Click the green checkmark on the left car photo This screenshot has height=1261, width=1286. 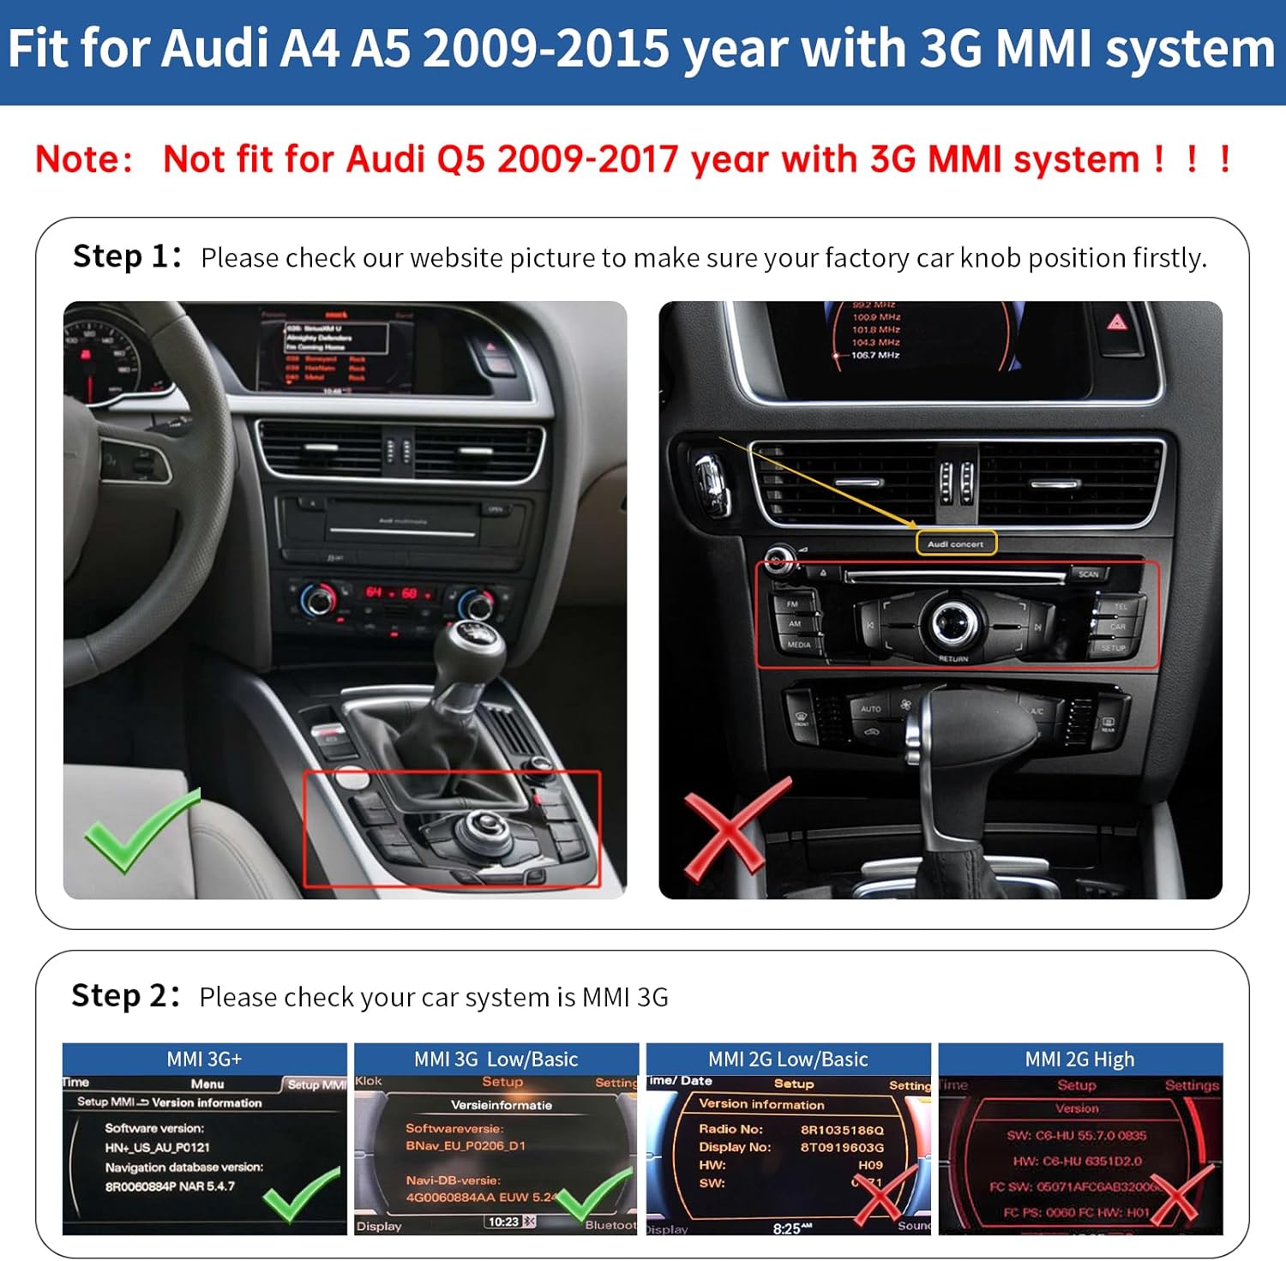[137, 830]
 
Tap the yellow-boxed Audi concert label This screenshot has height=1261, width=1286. [956, 543]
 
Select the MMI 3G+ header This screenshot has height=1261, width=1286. [204, 1060]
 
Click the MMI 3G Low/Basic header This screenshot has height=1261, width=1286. [496, 1060]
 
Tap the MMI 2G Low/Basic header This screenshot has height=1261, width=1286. [788, 1060]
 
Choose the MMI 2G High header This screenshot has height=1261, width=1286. [1079, 1060]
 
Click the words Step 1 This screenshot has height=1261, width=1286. [127, 256]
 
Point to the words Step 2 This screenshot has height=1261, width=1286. [125, 996]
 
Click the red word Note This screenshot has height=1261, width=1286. [84, 159]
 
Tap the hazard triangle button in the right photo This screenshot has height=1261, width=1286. [1116, 322]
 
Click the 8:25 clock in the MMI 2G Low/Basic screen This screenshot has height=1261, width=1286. [787, 1228]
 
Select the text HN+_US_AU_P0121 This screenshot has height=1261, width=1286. [157, 1147]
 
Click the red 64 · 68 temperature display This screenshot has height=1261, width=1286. [392, 593]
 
